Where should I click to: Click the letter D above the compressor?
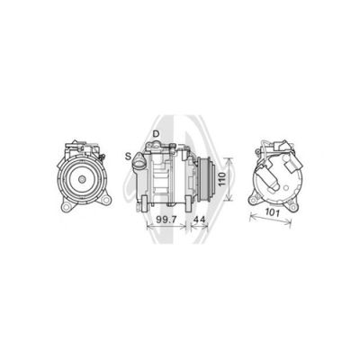pos(156,134)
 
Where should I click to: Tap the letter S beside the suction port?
pos(129,156)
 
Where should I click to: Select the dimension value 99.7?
pos(166,220)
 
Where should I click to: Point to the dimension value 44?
pos(200,220)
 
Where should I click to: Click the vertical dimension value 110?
pos(221,179)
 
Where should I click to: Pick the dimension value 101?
pos(273,212)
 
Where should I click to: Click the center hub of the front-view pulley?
pos(82,179)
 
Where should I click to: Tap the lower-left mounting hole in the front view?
pos(67,206)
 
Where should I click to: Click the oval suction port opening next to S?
pos(139,157)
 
